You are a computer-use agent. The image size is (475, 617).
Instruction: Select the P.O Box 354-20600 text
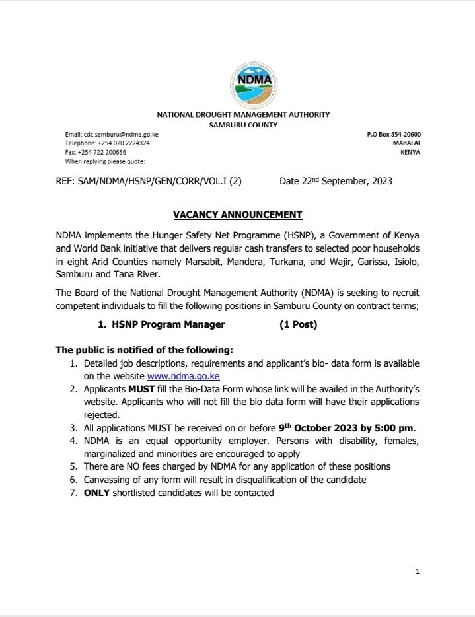[x=394, y=134]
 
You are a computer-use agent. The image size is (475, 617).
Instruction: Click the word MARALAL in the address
[x=407, y=143]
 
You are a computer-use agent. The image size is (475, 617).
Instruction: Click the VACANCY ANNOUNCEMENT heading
[x=238, y=215]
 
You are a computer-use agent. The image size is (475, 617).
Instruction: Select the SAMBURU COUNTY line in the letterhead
[x=243, y=124]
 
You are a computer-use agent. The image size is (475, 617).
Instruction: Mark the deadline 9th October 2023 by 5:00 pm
[x=347, y=427]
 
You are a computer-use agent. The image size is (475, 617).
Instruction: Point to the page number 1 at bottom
[x=418, y=572]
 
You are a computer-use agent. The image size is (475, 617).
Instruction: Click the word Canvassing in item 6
[x=108, y=480]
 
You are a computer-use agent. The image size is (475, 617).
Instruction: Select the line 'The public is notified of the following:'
[x=145, y=350]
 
